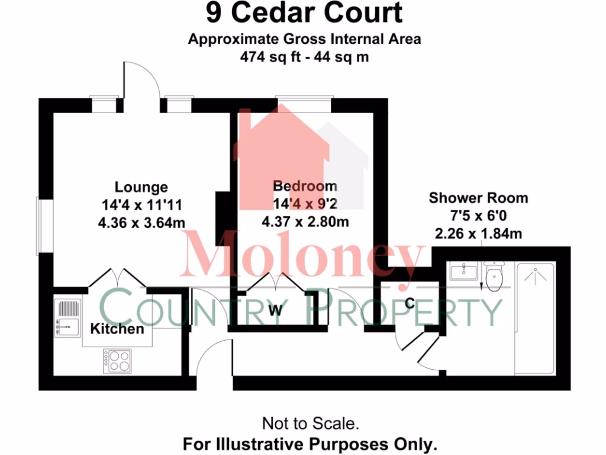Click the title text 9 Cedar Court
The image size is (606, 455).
[304, 14]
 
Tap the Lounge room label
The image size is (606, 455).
[141, 187]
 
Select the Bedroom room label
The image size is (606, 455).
[305, 186]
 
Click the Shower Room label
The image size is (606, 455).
[478, 198]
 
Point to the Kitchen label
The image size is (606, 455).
[117, 329]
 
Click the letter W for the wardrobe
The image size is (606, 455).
[275, 310]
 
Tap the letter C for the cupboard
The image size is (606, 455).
[409, 303]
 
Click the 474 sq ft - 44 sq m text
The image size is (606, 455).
[304, 57]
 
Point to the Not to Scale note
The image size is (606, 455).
[310, 424]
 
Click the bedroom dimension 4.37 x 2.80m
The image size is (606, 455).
[305, 222]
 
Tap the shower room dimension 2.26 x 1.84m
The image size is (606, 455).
[478, 233]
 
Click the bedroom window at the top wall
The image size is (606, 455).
[305, 104]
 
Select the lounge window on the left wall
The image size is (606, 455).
[40, 225]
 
